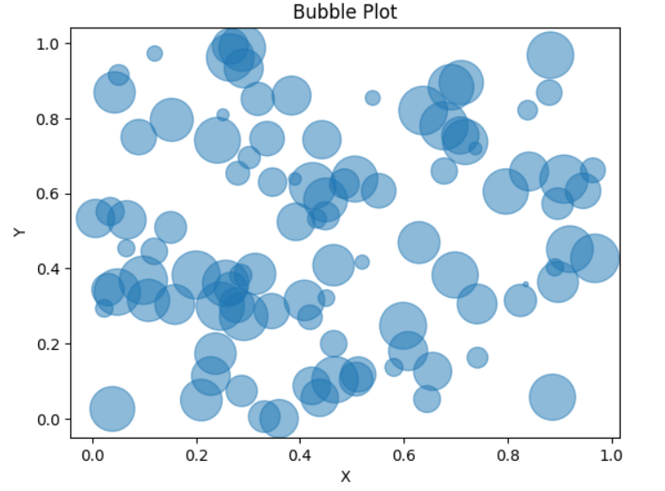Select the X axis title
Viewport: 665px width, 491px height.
pos(345,476)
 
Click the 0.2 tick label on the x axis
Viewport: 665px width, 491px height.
pos(196,455)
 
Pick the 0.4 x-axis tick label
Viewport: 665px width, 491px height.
pos(300,455)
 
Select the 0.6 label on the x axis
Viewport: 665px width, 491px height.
pos(403,455)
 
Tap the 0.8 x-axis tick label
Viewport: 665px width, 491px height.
pos(507,455)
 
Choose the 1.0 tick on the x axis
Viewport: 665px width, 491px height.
pos(611,455)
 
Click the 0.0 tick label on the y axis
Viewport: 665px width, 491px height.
pos(49,419)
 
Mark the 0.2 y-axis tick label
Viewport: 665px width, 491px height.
pos(49,344)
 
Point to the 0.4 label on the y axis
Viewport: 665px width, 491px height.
pos(49,269)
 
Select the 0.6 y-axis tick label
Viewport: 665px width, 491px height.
pos(49,194)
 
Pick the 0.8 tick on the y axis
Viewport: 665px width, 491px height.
pos(49,119)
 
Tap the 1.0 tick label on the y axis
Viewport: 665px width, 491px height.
pos(49,43)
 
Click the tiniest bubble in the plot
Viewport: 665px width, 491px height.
pos(526,284)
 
